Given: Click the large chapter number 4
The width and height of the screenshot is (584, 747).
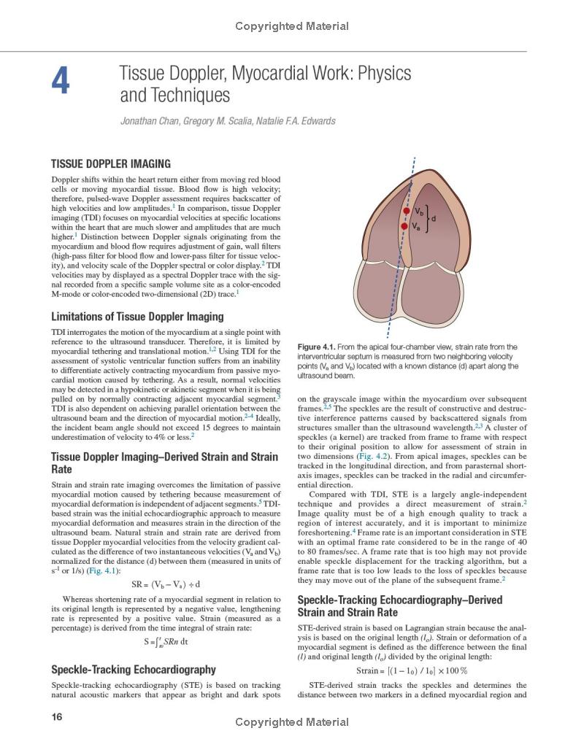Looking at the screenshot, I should pyautogui.click(x=61, y=82).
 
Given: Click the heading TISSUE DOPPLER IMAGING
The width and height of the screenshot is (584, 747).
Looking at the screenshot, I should pyautogui.click(x=110, y=164).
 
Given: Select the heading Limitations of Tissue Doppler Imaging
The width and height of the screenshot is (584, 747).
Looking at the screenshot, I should pyautogui.click(x=137, y=317).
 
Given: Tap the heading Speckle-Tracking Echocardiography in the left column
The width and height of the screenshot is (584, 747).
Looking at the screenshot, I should pyautogui.click(x=134, y=670).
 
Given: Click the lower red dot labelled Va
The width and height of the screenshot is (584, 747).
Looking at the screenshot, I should pyautogui.click(x=404, y=226).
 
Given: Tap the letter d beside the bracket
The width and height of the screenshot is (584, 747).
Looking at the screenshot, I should pyautogui.click(x=434, y=218).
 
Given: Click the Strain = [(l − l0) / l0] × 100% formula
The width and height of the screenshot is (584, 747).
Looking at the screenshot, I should pyautogui.click(x=412, y=671).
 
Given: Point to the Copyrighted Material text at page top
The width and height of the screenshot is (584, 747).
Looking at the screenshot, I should pyautogui.click(x=292, y=26).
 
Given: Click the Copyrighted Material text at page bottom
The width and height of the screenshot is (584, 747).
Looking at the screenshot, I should pyautogui.click(x=292, y=723).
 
